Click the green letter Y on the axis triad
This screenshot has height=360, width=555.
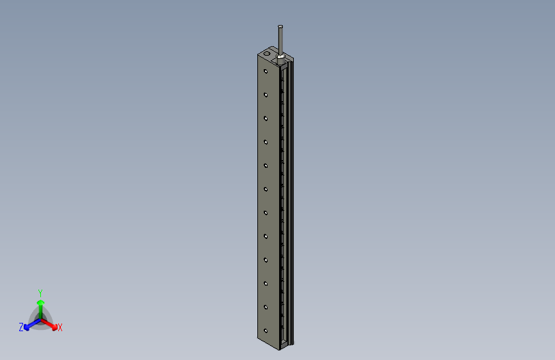40,292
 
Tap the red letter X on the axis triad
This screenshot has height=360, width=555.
60,327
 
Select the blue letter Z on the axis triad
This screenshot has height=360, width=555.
21,327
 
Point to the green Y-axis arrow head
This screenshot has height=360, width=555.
40,300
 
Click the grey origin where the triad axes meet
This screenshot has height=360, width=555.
40,318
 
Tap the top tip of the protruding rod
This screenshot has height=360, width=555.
280,26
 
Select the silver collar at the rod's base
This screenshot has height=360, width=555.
280,57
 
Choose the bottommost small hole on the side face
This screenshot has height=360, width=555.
265,331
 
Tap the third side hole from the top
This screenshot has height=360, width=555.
265,118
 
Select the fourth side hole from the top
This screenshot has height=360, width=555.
265,142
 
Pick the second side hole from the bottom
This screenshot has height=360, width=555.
265,307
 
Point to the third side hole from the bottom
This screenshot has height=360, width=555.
265,284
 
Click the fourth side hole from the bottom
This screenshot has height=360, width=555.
265,260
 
